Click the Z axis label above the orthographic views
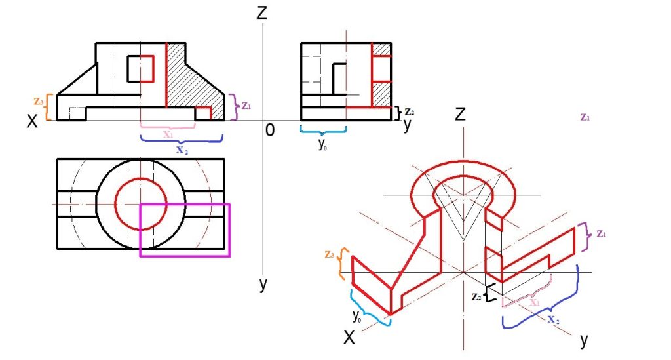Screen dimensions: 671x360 pos(261,12)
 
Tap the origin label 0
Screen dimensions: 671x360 pos(269,130)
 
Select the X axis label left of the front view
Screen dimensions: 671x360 pos(32,121)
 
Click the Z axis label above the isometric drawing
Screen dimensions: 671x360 pos(460,114)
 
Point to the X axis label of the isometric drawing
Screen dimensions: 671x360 pos(349,338)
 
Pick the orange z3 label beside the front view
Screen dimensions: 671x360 pos(39,102)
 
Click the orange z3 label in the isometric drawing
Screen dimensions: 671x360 pos(329,254)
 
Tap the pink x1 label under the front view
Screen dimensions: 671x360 pos(168,134)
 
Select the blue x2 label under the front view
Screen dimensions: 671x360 pos(182,150)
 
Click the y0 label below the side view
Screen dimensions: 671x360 pos(322,144)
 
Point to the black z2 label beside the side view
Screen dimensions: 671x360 pos(410,112)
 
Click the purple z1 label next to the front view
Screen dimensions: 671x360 pos(246,106)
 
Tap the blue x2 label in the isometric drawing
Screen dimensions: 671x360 pos(554,319)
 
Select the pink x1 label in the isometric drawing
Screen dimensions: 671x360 pos(535,302)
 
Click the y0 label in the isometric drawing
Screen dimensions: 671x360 pos(357,316)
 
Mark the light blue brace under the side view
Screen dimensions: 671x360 pos(324,129)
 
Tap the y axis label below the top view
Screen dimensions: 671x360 pos(263,284)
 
